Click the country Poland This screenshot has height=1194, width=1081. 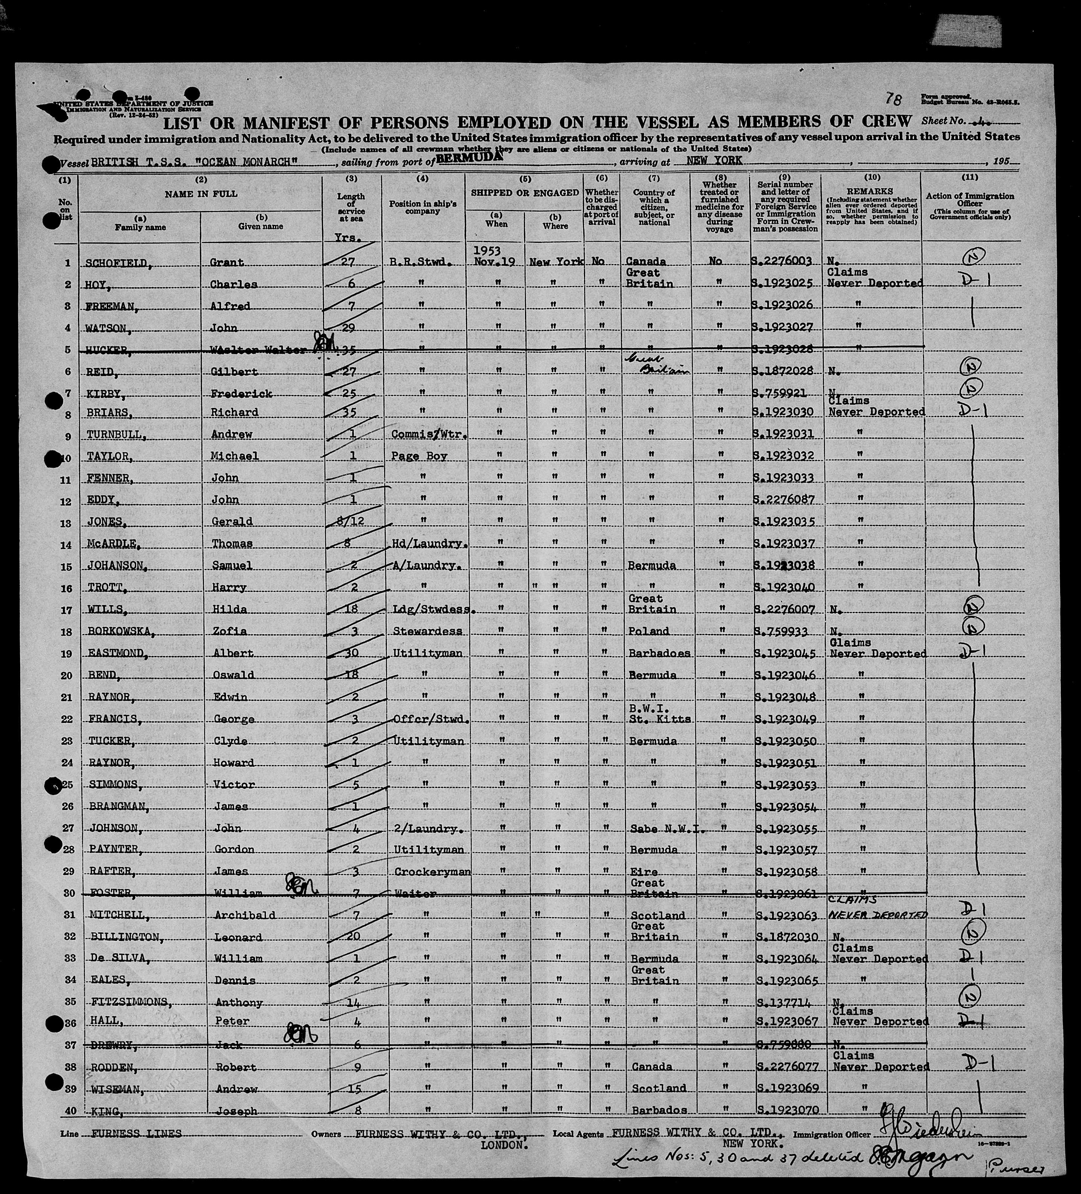pyautogui.click(x=649, y=631)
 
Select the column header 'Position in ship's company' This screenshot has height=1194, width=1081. pyautogui.click(x=423, y=207)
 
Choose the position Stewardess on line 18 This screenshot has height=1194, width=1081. pyautogui.click(x=427, y=631)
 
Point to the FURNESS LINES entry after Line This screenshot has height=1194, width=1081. pyautogui.click(x=137, y=1133)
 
